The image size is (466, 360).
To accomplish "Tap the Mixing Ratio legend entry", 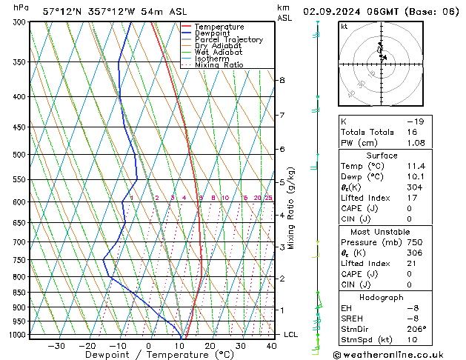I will point(219,65).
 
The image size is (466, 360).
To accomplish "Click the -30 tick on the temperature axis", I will point(56,346).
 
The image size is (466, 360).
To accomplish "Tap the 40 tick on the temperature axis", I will point(271,346).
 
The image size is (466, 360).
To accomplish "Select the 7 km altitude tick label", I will point(282,116).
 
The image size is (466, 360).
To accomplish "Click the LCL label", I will point(291,335).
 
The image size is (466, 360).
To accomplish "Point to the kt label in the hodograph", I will point(344,26).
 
